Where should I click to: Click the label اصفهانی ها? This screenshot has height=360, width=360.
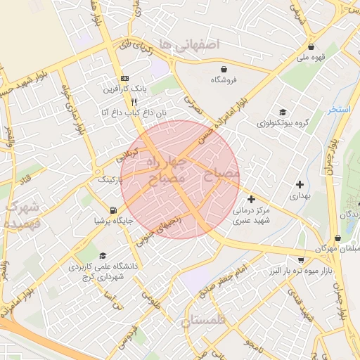click(190, 44)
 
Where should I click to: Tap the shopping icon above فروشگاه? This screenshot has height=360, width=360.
click(224, 69)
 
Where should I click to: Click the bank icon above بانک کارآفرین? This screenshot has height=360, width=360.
click(125, 78)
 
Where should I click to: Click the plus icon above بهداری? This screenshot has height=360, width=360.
click(300, 184)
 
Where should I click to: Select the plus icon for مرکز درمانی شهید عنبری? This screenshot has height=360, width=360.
click(251, 199)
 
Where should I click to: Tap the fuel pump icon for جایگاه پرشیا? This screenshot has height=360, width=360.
click(113, 210)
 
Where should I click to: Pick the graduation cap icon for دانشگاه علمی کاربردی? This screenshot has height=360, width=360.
click(103, 255)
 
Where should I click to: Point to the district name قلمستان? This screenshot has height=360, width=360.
click(206, 321)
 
